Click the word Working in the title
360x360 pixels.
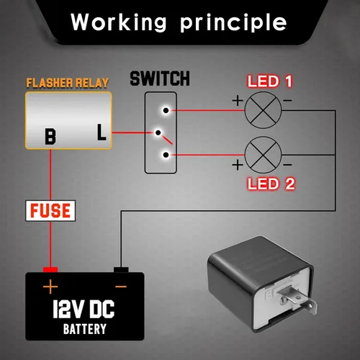coord(119,22)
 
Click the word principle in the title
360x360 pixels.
coord(233,23)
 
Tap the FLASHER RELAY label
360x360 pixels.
coord(68,83)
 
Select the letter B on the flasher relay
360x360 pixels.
coord(50,137)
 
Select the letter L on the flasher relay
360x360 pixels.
coord(102,132)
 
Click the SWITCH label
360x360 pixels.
coord(160,78)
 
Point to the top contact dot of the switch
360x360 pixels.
coord(166,110)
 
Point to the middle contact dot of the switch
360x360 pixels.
coord(158,132)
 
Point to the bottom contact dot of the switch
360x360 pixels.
coord(166,155)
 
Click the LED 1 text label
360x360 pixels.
coord(270,81)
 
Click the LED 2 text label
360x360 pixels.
coord(271,184)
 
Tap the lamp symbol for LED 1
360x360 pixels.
coord(263,110)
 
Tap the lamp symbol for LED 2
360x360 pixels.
coord(263,155)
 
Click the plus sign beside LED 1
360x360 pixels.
coord(238,100)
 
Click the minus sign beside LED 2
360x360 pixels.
coord(287,165)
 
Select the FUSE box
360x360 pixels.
coord(50,210)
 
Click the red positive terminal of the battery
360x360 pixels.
coord(50,270)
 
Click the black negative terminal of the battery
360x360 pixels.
coord(121,270)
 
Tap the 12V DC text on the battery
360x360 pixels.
coord(84,309)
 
